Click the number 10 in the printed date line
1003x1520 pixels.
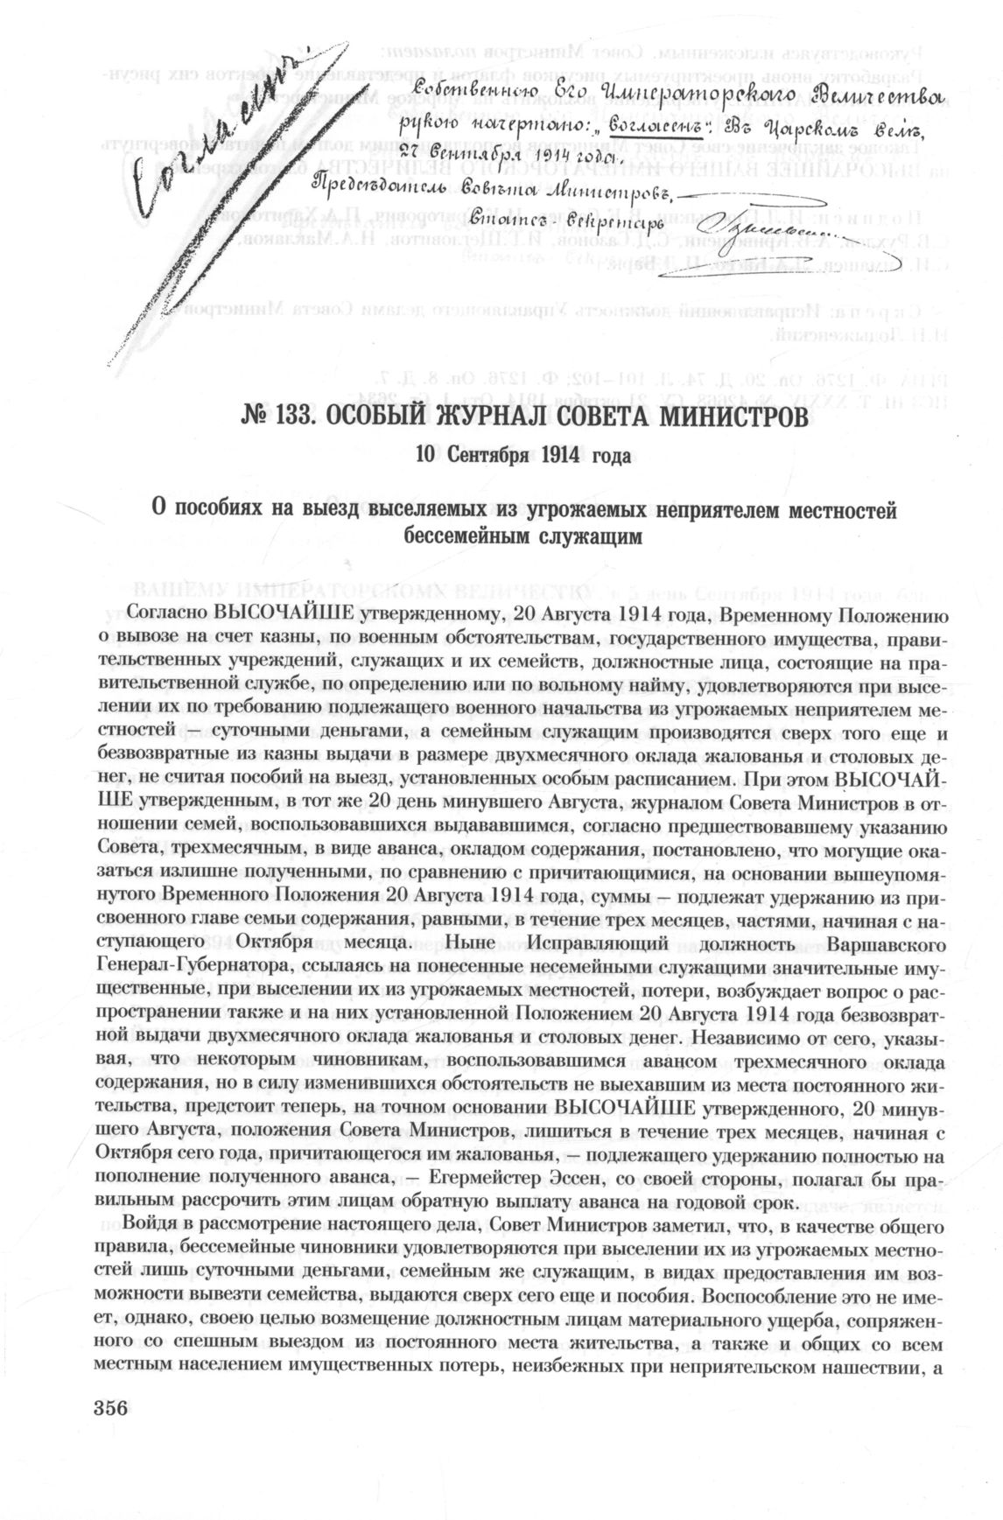426,457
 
